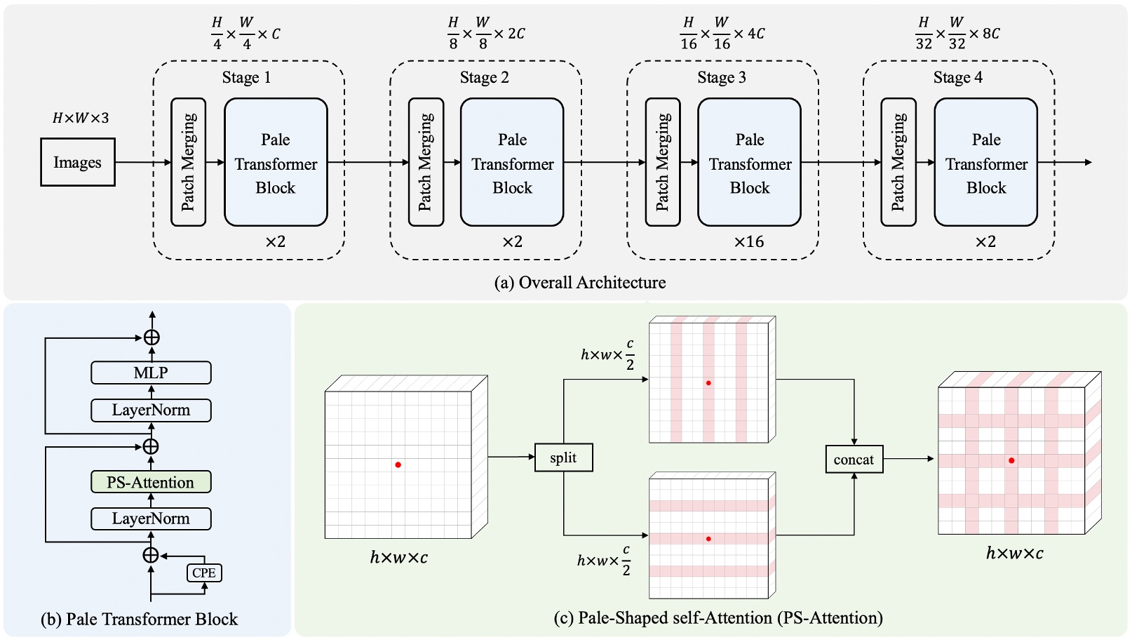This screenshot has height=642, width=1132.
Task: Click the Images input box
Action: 77,162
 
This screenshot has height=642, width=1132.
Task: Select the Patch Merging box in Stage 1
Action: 188,162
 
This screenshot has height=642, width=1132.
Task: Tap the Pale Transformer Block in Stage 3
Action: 749,162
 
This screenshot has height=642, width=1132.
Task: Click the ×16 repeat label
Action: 748,242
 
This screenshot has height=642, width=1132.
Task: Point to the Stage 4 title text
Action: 957,77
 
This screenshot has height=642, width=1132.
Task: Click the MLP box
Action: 151,373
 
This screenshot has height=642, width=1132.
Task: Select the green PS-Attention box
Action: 151,482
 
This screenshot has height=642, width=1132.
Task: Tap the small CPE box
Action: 204,573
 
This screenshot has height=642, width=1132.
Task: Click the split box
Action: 563,457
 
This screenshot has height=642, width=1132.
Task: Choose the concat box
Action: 854,460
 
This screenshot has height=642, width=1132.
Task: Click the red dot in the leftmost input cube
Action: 398,464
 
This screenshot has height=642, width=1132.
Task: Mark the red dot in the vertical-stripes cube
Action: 708,383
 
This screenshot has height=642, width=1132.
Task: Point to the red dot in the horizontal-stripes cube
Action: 708,539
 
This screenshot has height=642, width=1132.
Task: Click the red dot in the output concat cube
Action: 1011,460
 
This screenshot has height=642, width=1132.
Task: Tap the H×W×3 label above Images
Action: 81,118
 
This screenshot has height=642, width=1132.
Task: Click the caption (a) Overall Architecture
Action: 580,283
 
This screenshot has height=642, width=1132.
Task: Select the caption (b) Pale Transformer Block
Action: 139,619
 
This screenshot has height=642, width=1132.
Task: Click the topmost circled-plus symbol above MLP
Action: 151,337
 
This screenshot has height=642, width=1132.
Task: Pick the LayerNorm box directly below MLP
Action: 151,410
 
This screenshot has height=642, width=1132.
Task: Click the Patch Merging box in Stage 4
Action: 898,162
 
